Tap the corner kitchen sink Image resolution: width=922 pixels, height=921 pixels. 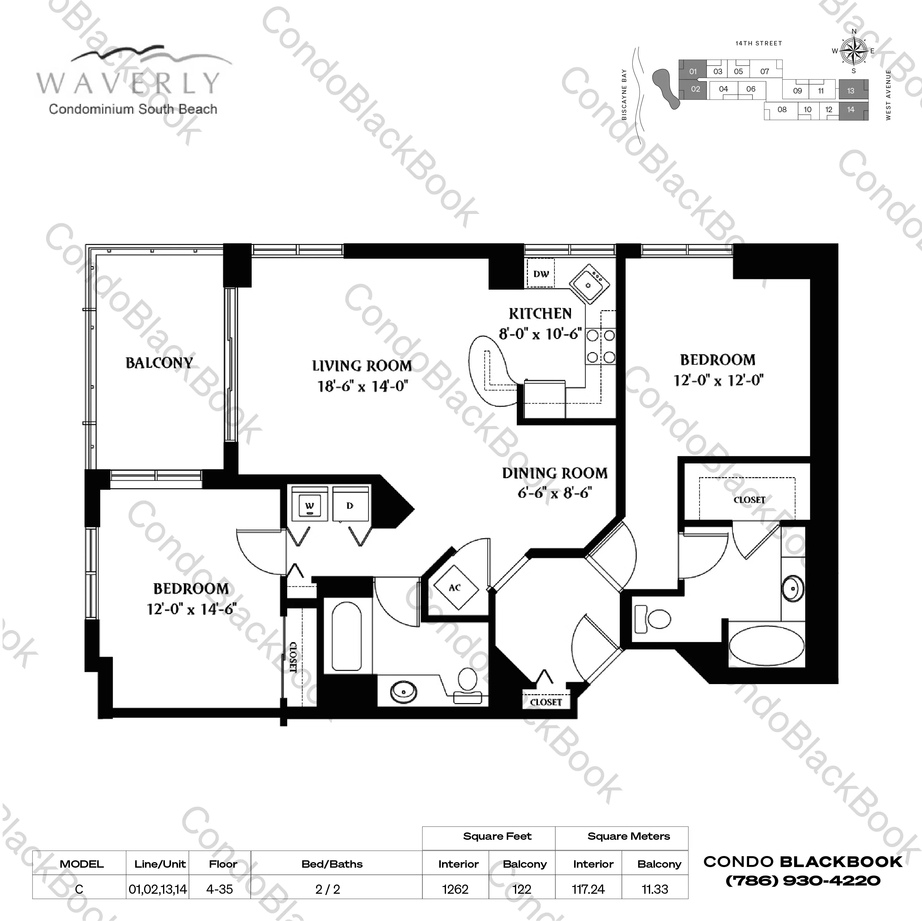[x=589, y=285]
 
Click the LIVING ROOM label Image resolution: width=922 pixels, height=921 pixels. [x=362, y=366]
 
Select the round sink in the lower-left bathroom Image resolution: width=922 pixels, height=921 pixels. [x=403, y=691]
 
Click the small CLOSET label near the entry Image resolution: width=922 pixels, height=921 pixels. [x=546, y=702]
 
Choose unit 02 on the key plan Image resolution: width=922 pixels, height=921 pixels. [x=695, y=89]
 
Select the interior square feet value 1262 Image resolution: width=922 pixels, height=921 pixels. [x=455, y=889]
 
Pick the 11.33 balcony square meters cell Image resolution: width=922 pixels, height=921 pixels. [x=655, y=889]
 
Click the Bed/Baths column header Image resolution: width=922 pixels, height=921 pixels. [x=332, y=864]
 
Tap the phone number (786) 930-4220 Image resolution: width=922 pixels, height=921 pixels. [x=803, y=881]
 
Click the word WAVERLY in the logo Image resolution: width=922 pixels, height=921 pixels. [x=129, y=83]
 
